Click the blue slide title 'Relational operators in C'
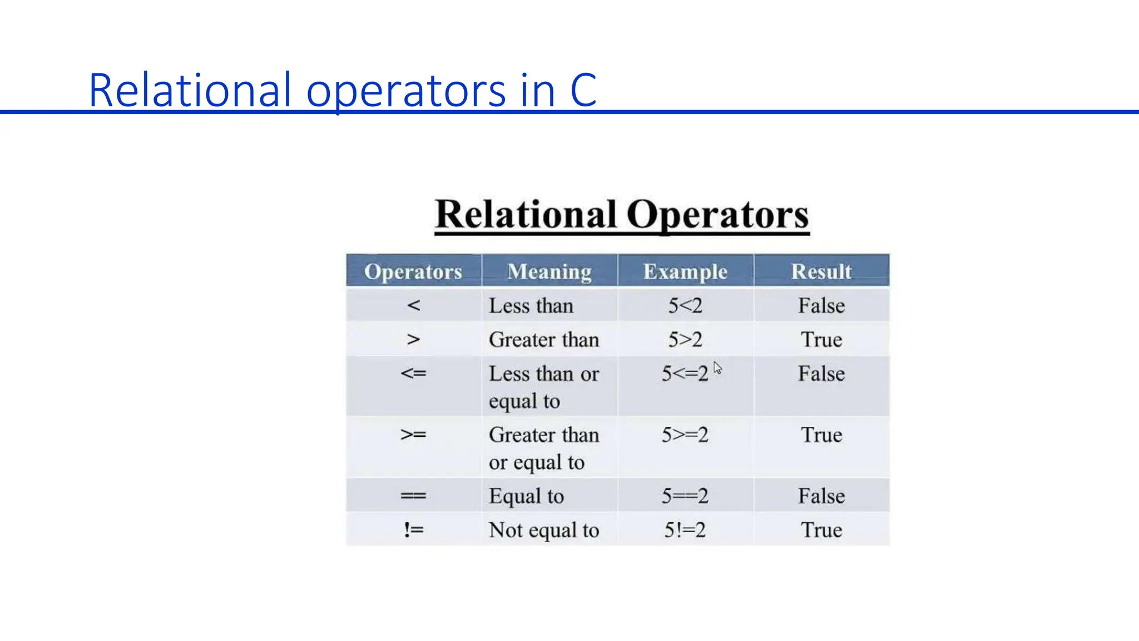[x=342, y=90]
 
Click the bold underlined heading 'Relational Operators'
[x=622, y=214]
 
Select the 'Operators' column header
[x=413, y=272]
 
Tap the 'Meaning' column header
[x=549, y=272]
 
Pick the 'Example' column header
[x=685, y=272]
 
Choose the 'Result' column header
[x=821, y=272]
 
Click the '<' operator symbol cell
[x=413, y=305]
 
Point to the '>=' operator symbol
[x=413, y=435]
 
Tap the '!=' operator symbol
[x=413, y=530]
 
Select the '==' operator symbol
[x=413, y=496]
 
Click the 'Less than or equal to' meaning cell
[x=544, y=387]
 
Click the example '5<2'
[x=685, y=305]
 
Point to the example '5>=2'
[x=685, y=435]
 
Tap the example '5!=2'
[x=685, y=530]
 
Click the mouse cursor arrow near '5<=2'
[x=717, y=368]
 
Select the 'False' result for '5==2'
[x=821, y=496]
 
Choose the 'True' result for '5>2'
[x=821, y=339]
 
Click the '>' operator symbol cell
[x=413, y=339]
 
